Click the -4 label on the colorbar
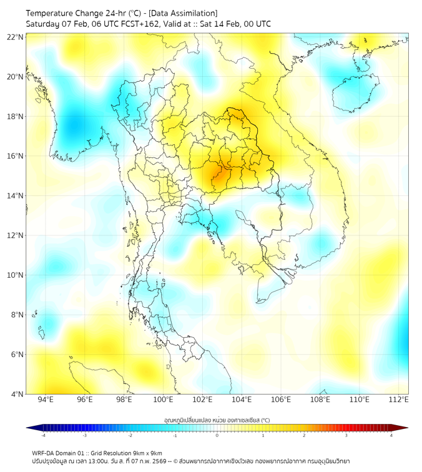tap(43, 435)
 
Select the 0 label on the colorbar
tap(217, 435)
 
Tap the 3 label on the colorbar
tap(348, 435)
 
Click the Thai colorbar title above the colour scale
tap(217, 420)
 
